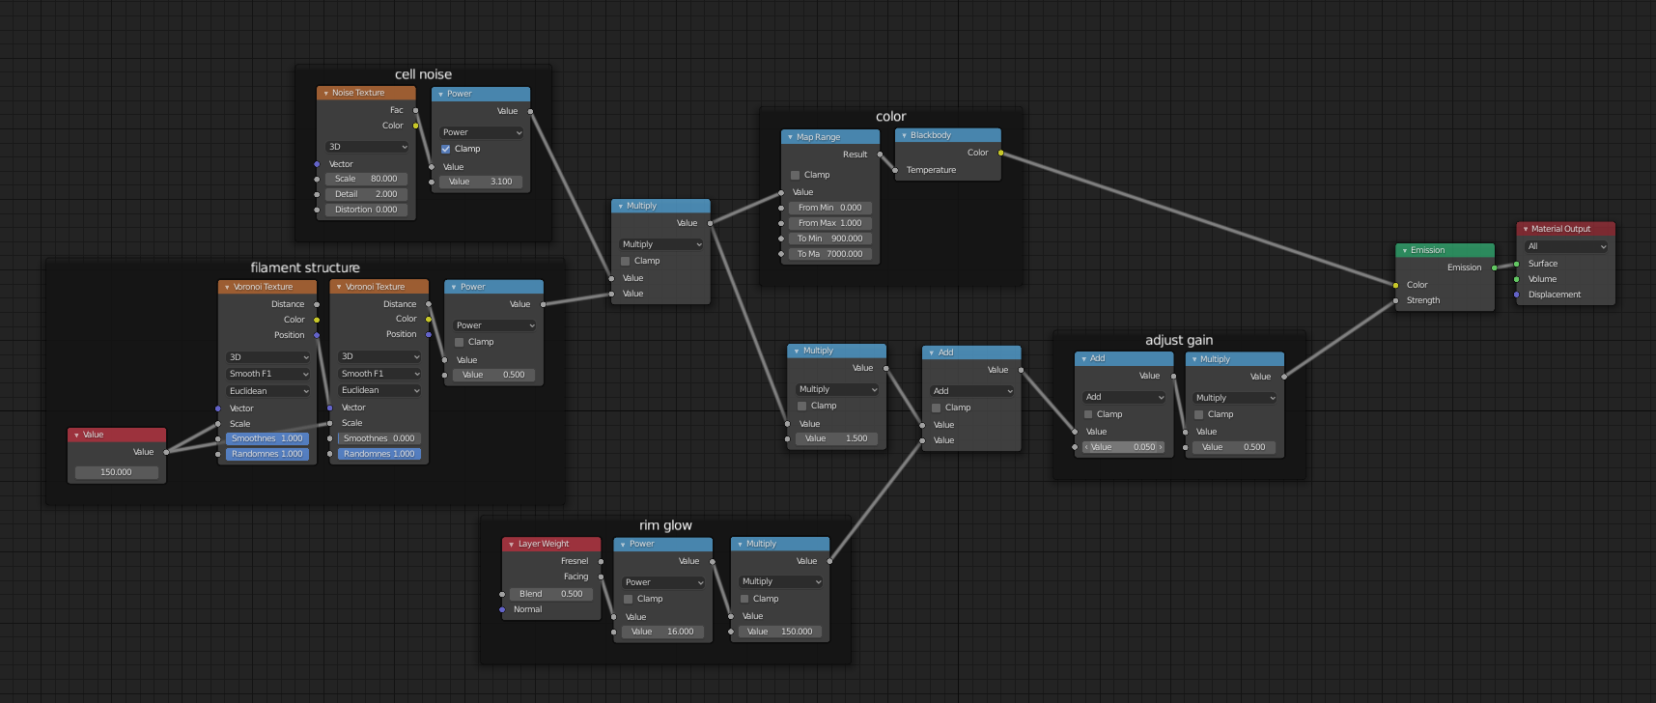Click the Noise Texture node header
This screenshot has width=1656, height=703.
tap(366, 93)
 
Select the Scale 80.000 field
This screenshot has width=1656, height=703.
tap(366, 179)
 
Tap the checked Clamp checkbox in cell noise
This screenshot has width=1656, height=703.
tap(446, 149)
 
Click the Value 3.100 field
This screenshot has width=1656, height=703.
tap(481, 182)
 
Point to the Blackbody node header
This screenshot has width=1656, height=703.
tap(947, 135)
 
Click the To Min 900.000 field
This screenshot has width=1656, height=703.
tap(830, 239)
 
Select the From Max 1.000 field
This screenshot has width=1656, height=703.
tap(830, 223)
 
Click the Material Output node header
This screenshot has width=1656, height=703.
tap(1565, 229)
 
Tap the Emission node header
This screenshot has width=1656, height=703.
tap(1445, 250)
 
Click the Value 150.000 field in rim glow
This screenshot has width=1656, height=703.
tap(780, 632)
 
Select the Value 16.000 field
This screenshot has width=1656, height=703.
tap(664, 632)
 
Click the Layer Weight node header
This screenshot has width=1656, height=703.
tap(551, 544)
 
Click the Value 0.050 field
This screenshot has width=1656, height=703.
tap(1124, 447)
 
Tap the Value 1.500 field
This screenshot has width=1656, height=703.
tap(836, 438)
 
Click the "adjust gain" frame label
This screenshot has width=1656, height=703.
tap(1179, 340)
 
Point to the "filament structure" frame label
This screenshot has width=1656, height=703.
tap(305, 267)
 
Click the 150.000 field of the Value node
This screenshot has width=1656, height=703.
tap(117, 472)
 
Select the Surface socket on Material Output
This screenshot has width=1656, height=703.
tap(1516, 264)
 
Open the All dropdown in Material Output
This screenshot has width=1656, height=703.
tap(1566, 246)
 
